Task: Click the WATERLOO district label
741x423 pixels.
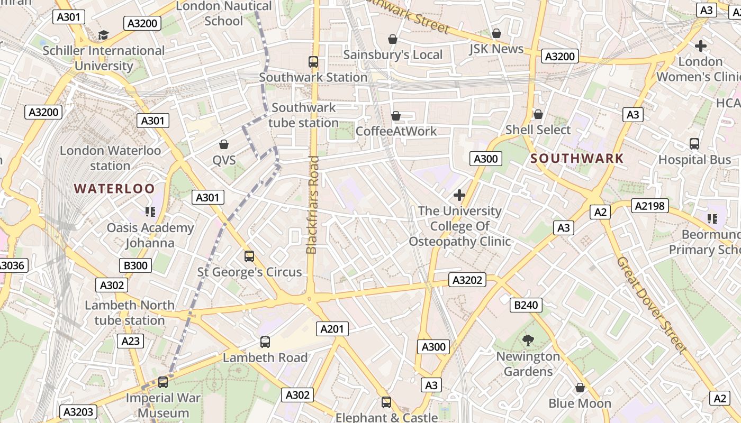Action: coord(114,189)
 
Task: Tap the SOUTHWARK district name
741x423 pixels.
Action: coord(577,158)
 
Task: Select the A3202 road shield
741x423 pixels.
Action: coord(466,280)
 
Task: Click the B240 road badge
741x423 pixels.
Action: coord(526,305)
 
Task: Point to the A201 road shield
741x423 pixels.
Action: coord(332,329)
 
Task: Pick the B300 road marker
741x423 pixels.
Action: coord(135,265)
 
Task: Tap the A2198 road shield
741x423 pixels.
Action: coord(649,206)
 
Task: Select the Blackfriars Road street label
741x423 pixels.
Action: coord(312,205)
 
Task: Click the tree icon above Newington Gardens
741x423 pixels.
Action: coord(528,341)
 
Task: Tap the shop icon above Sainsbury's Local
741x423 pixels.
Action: coord(393,39)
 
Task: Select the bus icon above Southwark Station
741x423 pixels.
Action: coord(313,62)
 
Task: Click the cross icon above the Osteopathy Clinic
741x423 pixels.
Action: coord(459,195)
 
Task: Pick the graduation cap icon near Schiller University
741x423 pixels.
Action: coord(103,35)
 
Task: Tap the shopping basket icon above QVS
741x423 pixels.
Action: coord(224,144)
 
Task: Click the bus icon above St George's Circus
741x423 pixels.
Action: coord(249,256)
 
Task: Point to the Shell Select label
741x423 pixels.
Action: coord(538,130)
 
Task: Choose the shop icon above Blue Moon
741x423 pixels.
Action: coord(580,388)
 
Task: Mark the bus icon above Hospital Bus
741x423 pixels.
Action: coord(694,143)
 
